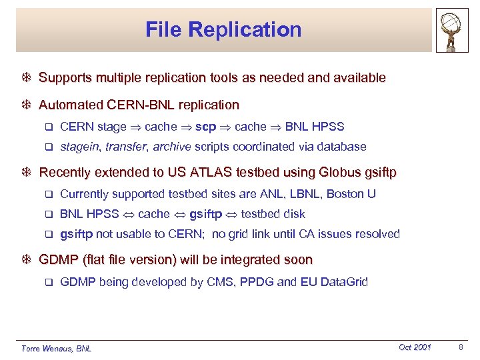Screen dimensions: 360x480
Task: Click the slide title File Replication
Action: [223, 29]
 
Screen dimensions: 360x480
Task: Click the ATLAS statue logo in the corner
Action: [453, 30]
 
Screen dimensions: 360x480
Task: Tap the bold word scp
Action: [206, 127]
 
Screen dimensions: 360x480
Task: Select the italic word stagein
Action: [80, 147]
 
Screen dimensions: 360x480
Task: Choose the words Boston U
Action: [353, 194]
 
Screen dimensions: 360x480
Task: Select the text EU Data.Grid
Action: [335, 282]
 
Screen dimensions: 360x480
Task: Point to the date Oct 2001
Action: [415, 347]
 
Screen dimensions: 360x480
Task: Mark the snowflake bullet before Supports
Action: [27, 78]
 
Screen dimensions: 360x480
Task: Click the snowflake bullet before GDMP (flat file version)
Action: [27, 260]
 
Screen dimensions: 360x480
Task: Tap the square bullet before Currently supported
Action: [47, 195]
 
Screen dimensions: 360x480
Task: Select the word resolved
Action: [377, 234]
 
